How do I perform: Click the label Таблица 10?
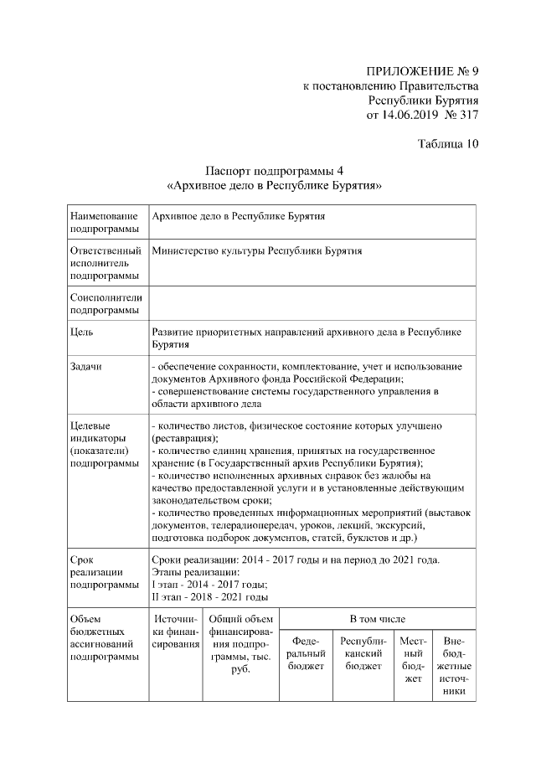pyautogui.click(x=447, y=143)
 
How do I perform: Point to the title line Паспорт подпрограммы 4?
pyautogui.click(x=276, y=171)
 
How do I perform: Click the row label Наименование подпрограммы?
pyautogui.click(x=105, y=222)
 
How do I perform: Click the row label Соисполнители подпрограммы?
pyautogui.click(x=106, y=304)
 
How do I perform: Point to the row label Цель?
pyautogui.click(x=81, y=333)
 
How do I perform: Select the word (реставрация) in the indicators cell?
pyautogui.click(x=184, y=438)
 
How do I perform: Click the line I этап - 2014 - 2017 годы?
pyautogui.click(x=209, y=585)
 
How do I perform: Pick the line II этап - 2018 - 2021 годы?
pyautogui.click(x=210, y=597)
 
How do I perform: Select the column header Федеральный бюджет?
pyautogui.click(x=305, y=653)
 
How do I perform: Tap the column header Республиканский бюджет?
pyautogui.click(x=363, y=653)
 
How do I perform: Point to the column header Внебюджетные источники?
pyautogui.click(x=454, y=667)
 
